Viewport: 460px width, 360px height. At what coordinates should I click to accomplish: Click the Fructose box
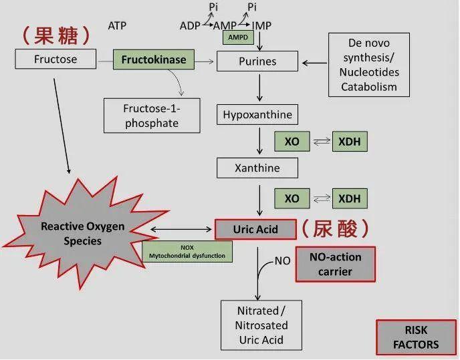pos(55,59)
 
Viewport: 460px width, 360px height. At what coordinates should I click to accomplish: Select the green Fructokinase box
pos(153,60)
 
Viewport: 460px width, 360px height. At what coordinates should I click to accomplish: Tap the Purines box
pos(257,61)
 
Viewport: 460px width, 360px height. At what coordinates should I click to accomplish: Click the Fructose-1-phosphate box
pos(151,115)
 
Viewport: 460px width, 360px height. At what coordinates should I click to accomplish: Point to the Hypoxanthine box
pos(257,114)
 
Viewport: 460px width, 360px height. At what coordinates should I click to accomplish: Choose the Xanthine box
pos(257,168)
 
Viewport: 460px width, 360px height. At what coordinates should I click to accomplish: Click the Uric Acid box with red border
pos(255,229)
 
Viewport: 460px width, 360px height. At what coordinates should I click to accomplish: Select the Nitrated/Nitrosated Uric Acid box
pos(261,325)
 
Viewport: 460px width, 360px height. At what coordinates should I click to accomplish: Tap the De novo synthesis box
pos(369,64)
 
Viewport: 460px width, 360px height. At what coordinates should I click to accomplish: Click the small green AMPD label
pos(239,37)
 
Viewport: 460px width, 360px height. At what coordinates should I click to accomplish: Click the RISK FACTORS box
pos(416,337)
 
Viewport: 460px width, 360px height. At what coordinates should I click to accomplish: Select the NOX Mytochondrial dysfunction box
pos(187,251)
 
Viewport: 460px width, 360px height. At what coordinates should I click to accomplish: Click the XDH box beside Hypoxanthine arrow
pos(350,142)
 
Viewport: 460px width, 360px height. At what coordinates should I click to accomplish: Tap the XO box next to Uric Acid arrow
pos(292,198)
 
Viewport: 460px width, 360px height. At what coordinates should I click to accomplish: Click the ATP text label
pos(117,26)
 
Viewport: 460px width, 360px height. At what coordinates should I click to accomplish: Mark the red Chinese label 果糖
pos(55,34)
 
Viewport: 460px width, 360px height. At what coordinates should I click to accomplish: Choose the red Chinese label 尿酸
pos(335,228)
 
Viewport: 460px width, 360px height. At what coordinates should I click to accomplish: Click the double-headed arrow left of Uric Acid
pos(181,229)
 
